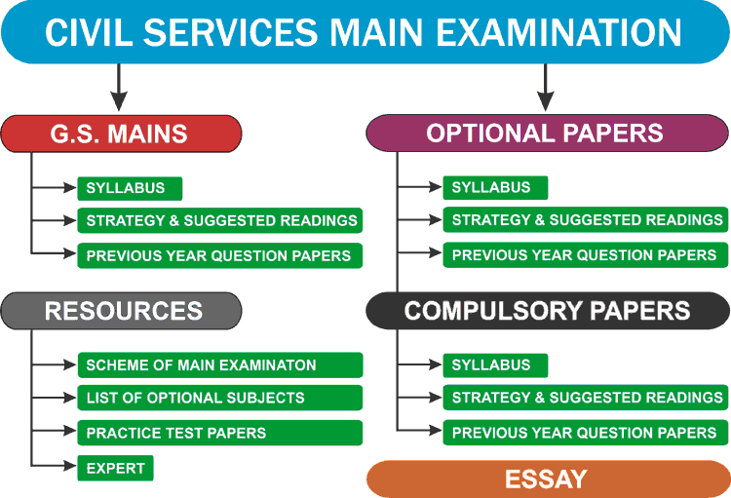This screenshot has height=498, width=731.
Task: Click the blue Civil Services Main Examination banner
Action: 365,31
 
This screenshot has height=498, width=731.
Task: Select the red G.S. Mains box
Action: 121,134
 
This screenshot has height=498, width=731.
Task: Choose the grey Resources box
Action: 121,311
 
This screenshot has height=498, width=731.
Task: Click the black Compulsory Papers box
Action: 547,311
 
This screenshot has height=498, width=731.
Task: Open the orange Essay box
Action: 547,479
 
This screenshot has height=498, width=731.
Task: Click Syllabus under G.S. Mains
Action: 130,188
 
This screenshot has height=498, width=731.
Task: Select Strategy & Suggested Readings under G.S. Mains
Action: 220,221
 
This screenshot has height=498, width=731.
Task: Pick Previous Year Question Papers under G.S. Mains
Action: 220,255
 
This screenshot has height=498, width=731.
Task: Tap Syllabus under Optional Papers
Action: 495,188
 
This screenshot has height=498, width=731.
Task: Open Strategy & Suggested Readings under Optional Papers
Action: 586,221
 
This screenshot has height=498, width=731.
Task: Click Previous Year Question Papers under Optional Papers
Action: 586,255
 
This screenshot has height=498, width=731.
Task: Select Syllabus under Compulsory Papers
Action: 495,365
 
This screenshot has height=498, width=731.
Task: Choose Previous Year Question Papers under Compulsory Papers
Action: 586,433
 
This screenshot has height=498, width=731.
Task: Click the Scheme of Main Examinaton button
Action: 220,365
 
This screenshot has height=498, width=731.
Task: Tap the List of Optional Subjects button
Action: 220,398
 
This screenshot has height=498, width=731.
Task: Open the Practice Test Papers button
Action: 220,433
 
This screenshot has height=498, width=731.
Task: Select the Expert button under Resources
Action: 116,469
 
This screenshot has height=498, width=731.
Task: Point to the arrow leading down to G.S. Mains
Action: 118,88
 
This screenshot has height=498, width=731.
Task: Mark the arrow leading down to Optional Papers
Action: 545,88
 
